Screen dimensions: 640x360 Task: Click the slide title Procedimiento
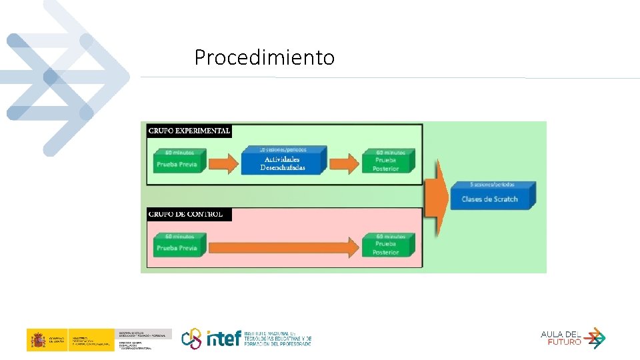point(265,58)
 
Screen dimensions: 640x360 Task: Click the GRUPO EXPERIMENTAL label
point(189,131)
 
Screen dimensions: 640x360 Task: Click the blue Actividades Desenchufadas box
point(283,161)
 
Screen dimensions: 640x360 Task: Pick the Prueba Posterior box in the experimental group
point(387,161)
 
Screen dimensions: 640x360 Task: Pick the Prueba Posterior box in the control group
point(387,245)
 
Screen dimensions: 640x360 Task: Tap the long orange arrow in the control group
point(283,247)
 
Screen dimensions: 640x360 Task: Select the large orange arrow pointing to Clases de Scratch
point(436,197)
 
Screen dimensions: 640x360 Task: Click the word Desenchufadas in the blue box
point(283,168)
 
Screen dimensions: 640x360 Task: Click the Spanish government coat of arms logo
point(37,340)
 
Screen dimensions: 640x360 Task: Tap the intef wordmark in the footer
point(223,339)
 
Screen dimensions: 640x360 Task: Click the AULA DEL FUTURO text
point(561,338)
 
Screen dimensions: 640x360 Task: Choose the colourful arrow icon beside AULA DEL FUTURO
point(595,338)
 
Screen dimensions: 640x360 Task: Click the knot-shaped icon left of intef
point(192,338)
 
